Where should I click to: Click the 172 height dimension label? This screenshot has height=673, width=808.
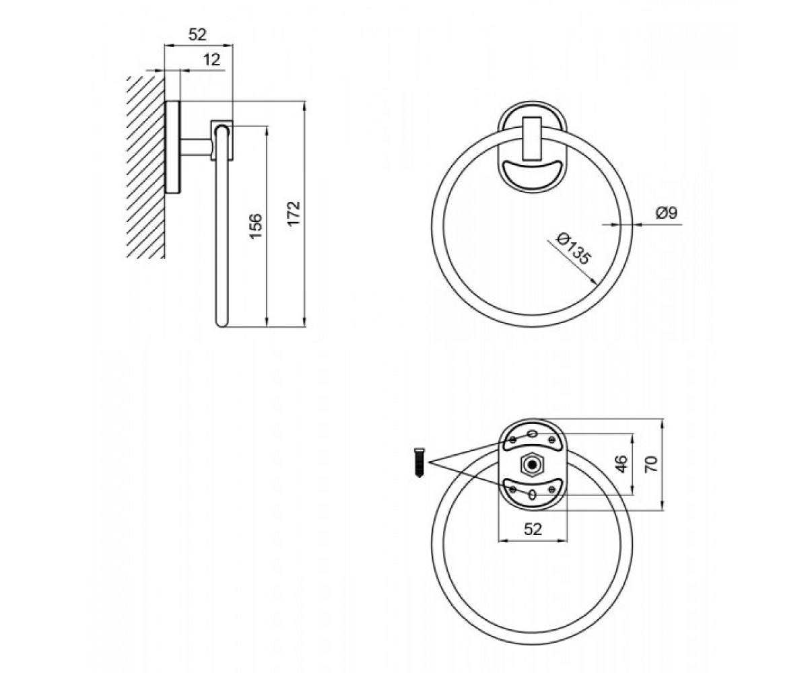pyautogui.click(x=294, y=213)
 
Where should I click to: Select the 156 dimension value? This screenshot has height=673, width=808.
pyautogui.click(x=256, y=226)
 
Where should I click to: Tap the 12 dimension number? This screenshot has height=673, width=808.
pyautogui.click(x=211, y=60)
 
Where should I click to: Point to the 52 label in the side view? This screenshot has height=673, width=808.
pyautogui.click(x=197, y=35)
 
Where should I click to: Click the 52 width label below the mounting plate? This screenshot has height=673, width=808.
pyautogui.click(x=533, y=529)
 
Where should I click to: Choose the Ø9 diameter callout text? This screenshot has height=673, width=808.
pyautogui.click(x=667, y=213)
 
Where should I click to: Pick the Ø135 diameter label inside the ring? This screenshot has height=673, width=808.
pyautogui.click(x=574, y=248)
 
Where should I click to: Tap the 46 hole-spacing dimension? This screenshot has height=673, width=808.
pyautogui.click(x=620, y=464)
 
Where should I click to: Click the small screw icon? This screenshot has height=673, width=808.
pyautogui.click(x=419, y=462)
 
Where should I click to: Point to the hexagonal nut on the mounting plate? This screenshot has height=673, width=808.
pyautogui.click(x=532, y=464)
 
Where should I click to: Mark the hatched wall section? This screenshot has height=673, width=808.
pyautogui.click(x=146, y=167)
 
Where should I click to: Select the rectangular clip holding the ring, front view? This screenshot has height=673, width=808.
pyautogui.click(x=531, y=138)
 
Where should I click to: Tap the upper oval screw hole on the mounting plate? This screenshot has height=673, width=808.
pyautogui.click(x=533, y=433)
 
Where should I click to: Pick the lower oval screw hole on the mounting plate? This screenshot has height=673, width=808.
pyautogui.click(x=533, y=495)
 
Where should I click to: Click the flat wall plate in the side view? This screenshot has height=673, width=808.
pyautogui.click(x=173, y=147)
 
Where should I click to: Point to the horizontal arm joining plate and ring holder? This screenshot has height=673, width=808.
pyautogui.click(x=196, y=147)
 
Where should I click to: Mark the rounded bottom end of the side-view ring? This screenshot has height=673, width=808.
pyautogui.click(x=222, y=322)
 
